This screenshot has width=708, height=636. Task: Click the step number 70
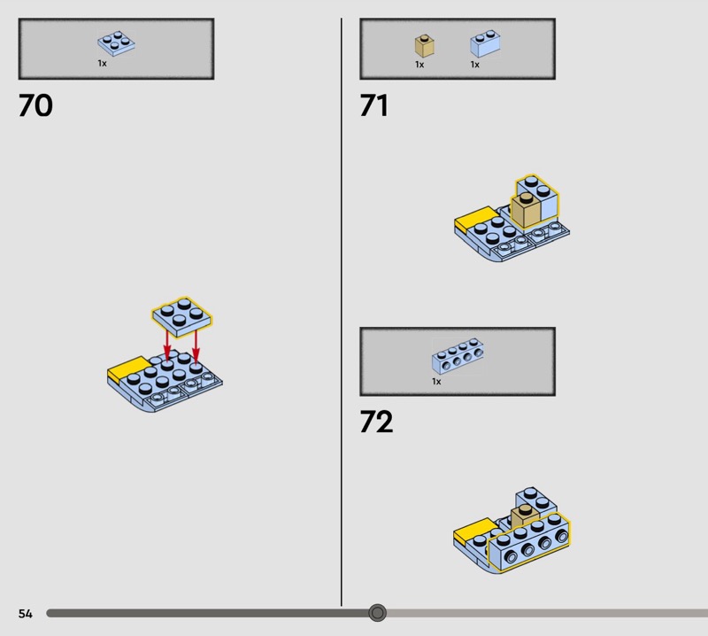point(35,105)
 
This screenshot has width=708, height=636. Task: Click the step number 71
point(373,105)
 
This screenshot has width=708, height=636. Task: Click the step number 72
point(377,422)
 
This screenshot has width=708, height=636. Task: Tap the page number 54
point(26,613)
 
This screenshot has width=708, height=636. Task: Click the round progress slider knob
point(378,613)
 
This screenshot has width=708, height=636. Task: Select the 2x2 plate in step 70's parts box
point(116,43)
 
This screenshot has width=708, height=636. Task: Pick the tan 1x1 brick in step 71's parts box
point(425,46)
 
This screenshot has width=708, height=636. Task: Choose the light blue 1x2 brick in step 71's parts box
point(485,43)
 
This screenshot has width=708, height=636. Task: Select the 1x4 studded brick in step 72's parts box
point(458,356)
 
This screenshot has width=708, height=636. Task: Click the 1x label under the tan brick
point(419,65)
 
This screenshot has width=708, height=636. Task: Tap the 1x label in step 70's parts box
point(103,64)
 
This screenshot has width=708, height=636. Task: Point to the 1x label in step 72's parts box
point(436,382)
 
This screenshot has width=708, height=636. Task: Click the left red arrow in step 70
point(167,345)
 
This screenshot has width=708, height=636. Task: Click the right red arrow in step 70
point(196,345)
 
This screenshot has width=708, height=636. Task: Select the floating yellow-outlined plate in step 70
point(182,317)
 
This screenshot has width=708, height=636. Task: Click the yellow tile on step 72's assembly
point(474,531)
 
